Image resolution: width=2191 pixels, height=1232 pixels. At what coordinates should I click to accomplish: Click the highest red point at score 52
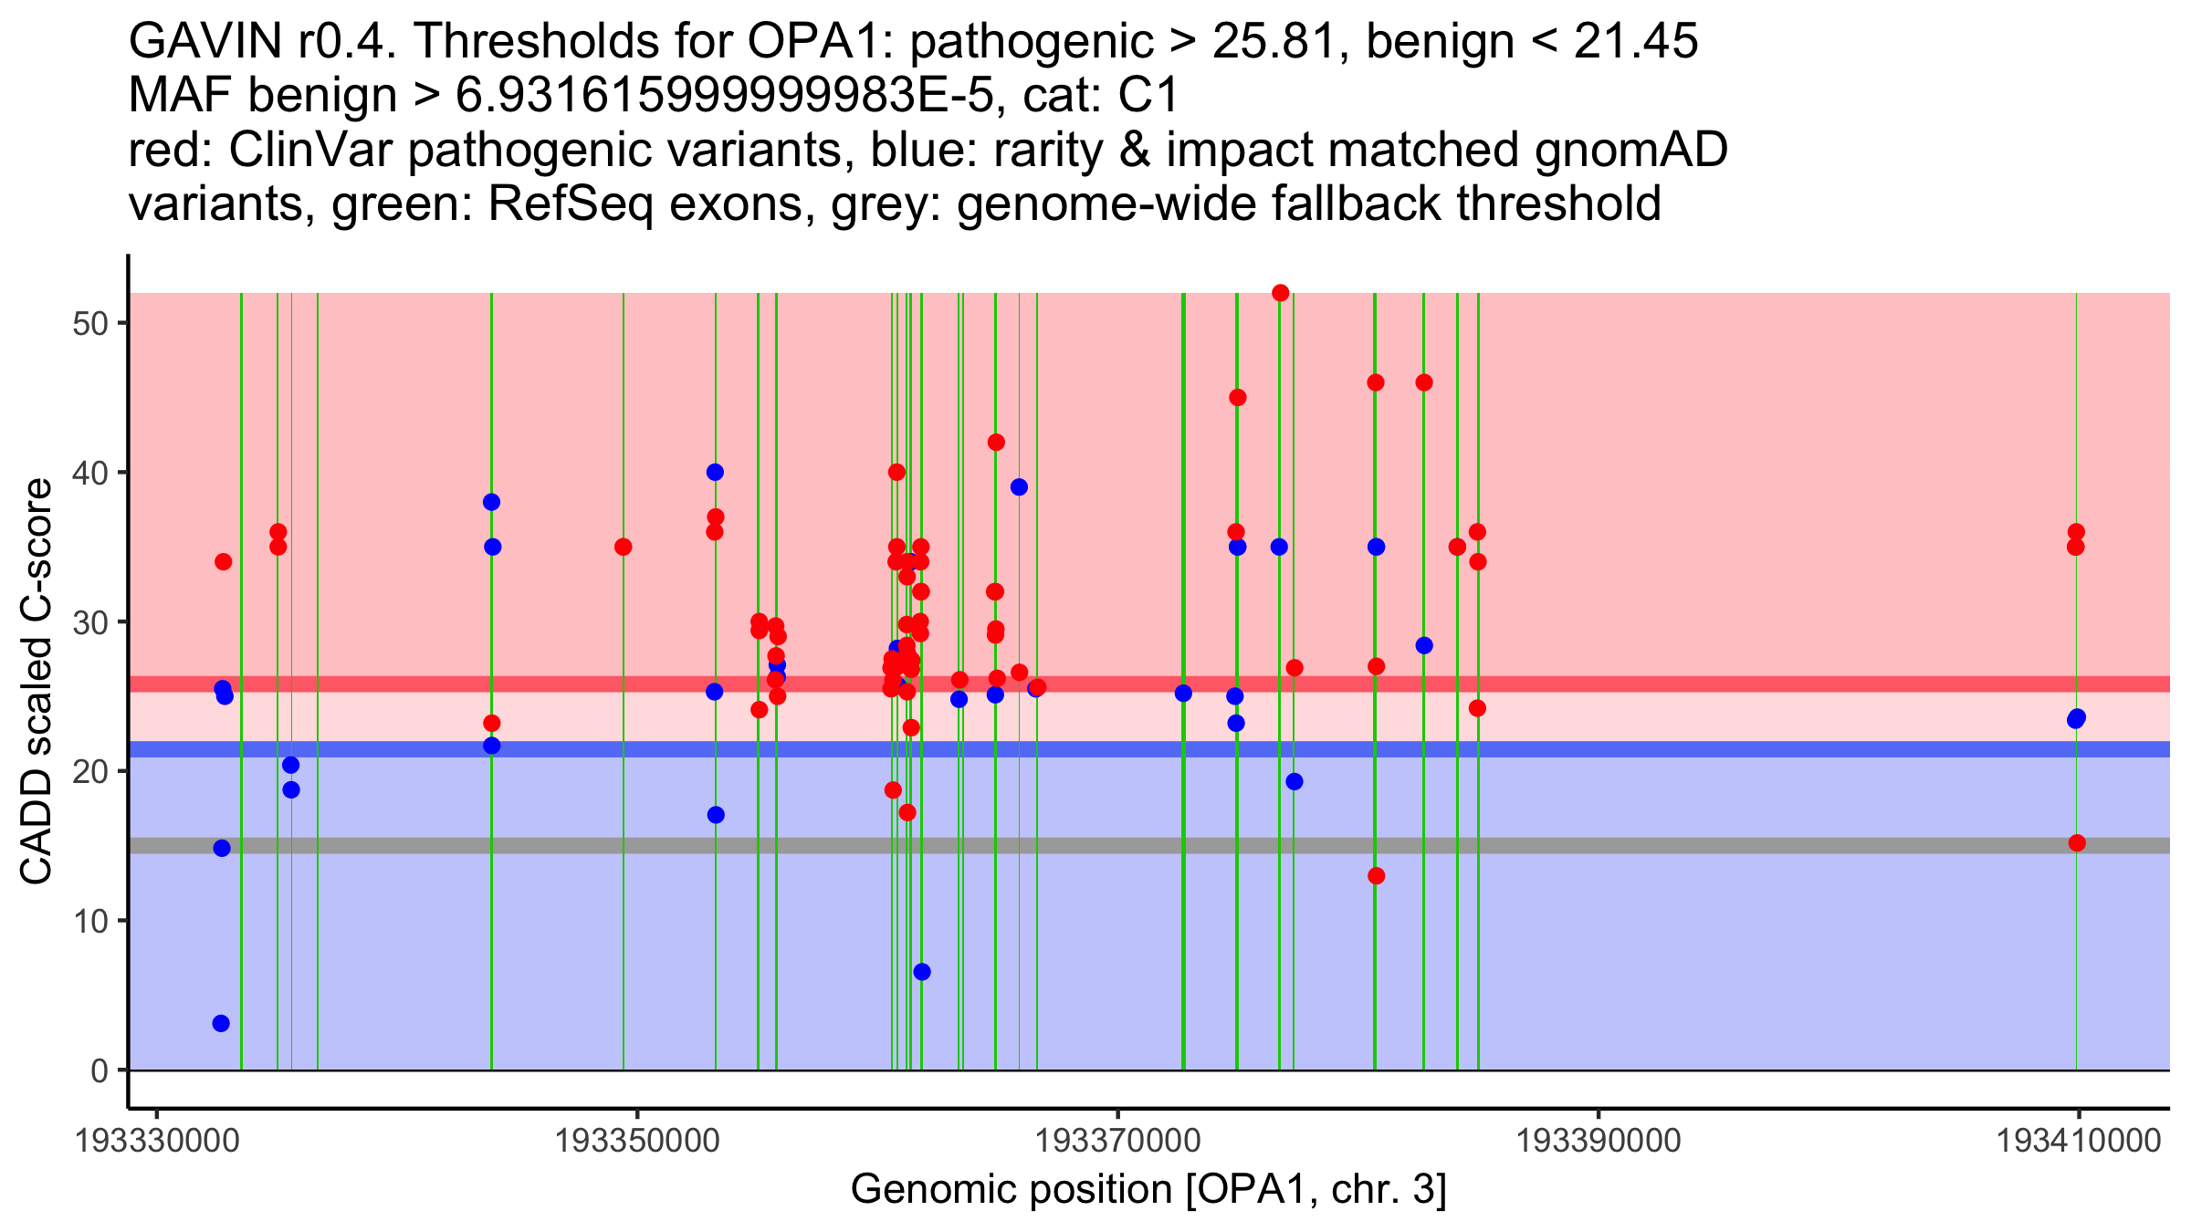point(1280,293)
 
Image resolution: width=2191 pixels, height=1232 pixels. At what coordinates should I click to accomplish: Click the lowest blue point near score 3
point(221,1023)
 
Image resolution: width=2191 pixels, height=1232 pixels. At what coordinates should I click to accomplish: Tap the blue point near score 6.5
point(922,972)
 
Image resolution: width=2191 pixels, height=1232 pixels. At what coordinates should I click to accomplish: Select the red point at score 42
point(996,443)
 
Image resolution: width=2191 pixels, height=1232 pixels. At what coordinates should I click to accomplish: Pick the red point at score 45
point(1238,397)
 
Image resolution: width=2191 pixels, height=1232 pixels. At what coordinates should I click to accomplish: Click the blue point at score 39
point(1019,487)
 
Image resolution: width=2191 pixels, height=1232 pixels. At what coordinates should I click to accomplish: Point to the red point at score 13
point(1377,876)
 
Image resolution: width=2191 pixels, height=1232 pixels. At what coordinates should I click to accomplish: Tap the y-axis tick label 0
point(100,1070)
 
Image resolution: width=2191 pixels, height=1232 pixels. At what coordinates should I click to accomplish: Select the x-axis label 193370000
point(1117,1141)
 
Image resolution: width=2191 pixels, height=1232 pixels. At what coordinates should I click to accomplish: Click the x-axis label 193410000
point(2079,1141)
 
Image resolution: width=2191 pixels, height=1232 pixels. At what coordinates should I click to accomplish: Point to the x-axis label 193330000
point(157,1141)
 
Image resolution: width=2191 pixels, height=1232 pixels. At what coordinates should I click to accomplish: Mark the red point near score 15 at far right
point(2077,843)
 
